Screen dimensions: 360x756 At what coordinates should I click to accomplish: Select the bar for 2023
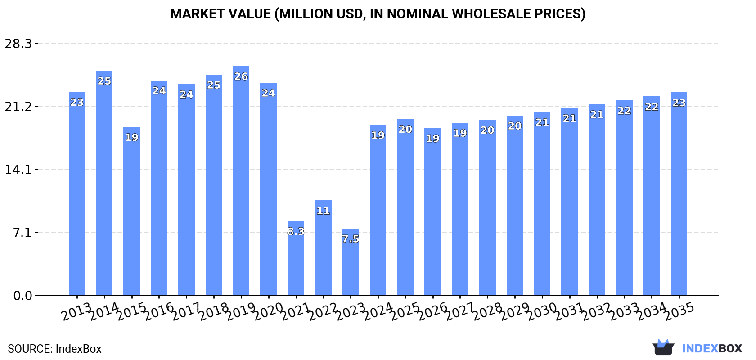click(351, 265)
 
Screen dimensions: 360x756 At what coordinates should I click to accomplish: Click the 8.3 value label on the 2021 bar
click(296, 232)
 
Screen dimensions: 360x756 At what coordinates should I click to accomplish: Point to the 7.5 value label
click(351, 239)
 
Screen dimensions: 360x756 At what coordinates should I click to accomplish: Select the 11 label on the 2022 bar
click(323, 211)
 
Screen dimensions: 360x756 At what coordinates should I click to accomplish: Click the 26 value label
click(241, 76)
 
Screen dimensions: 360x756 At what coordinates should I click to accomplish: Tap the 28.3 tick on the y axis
click(18, 44)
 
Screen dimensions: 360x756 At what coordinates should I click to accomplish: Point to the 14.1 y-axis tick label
click(18, 170)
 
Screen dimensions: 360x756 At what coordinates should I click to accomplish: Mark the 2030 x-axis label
click(543, 311)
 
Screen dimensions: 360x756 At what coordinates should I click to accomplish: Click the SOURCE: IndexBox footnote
click(54, 349)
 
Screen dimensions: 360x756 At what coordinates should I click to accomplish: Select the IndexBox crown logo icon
click(663, 347)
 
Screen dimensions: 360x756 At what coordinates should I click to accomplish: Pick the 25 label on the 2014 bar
click(104, 81)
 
